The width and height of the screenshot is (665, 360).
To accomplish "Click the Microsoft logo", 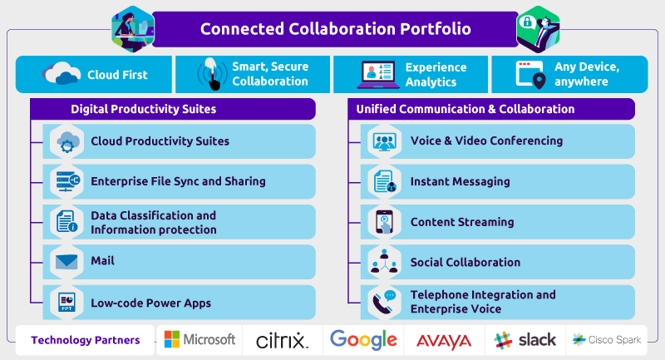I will [199, 339].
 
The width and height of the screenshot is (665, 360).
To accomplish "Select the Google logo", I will [363, 339].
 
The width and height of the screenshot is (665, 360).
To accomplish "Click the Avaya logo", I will [443, 340].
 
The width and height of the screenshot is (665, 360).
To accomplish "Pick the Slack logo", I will [525, 340].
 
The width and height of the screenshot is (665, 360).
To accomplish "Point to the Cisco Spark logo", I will [607, 340].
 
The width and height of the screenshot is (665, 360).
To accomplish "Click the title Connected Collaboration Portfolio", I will [335, 29].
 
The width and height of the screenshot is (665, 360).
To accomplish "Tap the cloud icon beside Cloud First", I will [63, 75].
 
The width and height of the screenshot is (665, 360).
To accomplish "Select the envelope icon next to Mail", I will [66, 261].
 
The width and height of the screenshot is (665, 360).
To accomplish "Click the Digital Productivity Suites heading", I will [143, 109].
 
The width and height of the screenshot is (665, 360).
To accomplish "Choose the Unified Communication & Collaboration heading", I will [465, 109].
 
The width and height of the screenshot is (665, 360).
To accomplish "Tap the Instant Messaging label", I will [460, 181].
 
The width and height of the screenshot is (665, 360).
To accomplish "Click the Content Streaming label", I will [461, 222].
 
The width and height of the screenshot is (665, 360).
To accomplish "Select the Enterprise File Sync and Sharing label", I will [178, 181].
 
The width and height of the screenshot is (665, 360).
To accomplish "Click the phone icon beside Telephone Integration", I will [384, 302].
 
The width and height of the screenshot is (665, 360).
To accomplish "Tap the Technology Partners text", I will [86, 340].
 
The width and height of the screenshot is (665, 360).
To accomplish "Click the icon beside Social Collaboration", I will [384, 262].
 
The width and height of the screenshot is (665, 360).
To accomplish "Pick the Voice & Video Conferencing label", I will [486, 141].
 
